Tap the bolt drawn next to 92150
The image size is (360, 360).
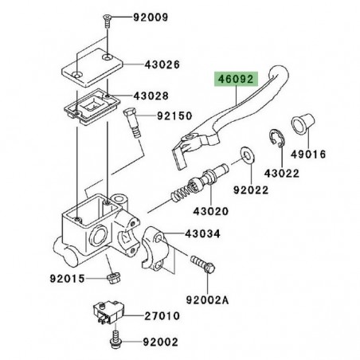pyautogui.click(x=131, y=130)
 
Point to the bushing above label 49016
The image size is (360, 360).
pyautogui.click(x=304, y=126)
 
